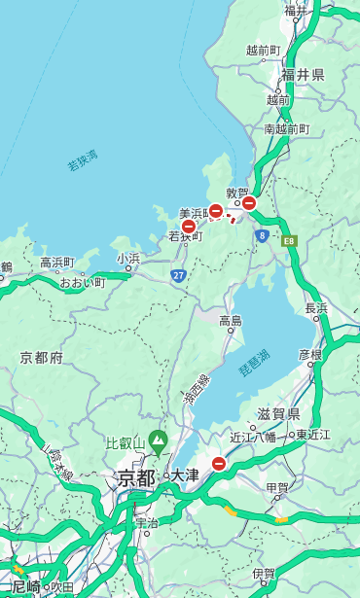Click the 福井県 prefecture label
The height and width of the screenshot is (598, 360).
tap(303, 74)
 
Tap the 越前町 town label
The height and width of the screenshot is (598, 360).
tap(263, 50)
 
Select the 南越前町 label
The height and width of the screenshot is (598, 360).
tap(286, 128)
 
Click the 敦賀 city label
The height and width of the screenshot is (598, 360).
tap(237, 193)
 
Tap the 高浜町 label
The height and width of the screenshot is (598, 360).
tap(57, 263)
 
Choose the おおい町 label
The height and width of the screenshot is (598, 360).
tap(82, 282)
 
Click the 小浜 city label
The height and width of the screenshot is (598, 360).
tap(128, 259)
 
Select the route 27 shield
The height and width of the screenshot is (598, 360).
tap(179, 276)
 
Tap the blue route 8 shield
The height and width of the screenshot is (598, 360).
tap(262, 235)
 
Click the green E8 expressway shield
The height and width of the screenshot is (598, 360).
tap(289, 240)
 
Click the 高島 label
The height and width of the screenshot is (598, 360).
tap(231, 321)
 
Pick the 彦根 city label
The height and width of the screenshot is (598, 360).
tap(309, 354)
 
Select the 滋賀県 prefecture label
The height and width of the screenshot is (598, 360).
tap(278, 414)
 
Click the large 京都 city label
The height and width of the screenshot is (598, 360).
tap(136, 477)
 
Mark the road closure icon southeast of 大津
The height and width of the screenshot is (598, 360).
tap(219, 465)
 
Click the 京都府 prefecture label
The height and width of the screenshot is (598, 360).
tap(42, 358)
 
